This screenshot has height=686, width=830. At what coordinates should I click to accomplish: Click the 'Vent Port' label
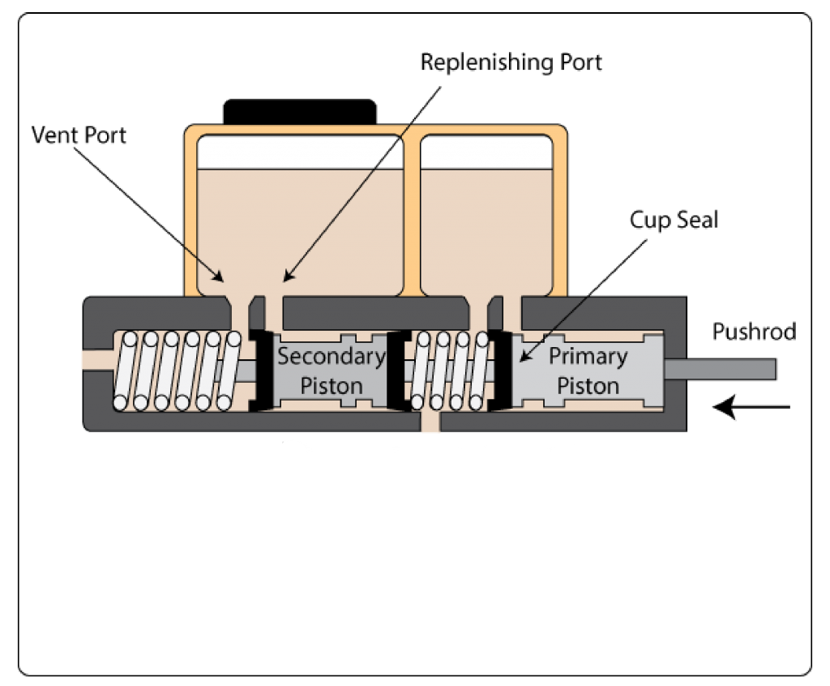click(79, 135)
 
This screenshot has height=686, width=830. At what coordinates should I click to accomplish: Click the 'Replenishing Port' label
click(511, 63)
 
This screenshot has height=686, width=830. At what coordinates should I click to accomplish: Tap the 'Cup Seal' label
click(674, 220)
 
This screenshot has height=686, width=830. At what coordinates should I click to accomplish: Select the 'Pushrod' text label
click(754, 331)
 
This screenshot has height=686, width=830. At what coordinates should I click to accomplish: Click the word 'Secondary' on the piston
click(332, 356)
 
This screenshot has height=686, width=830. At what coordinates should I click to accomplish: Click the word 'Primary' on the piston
click(588, 356)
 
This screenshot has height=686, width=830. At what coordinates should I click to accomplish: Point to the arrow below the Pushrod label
click(751, 406)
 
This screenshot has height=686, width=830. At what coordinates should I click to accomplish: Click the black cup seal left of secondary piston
click(259, 370)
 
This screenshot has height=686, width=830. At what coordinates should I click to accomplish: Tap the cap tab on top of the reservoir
click(300, 112)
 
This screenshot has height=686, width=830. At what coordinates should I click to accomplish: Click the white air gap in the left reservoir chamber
click(300, 152)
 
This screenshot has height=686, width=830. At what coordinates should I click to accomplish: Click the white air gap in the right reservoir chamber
click(487, 152)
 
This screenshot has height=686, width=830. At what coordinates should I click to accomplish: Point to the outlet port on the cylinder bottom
click(431, 423)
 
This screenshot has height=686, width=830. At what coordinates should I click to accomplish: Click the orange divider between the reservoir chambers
click(412, 211)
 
